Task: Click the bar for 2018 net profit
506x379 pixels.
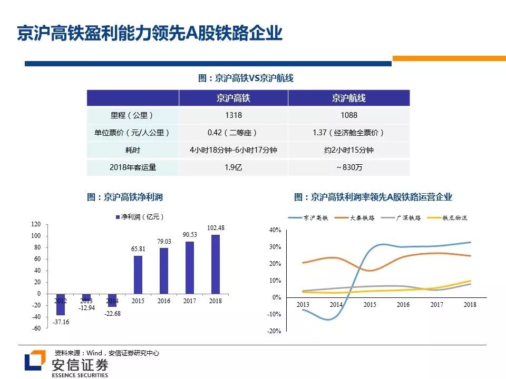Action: point(215,264)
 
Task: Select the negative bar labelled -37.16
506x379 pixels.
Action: point(60,304)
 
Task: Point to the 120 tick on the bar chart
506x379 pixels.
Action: point(36,224)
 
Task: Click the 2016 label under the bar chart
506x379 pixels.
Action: point(164,301)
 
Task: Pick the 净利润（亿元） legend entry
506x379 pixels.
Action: point(140,216)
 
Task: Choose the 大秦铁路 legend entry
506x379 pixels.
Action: point(361,217)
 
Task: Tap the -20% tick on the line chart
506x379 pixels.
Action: point(275,331)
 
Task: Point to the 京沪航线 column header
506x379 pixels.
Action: point(348,98)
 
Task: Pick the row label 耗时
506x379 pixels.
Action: point(132,150)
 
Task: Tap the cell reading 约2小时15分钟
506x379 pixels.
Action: point(348,150)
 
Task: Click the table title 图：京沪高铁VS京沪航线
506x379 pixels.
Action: point(246,78)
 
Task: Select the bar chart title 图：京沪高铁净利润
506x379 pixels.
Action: point(125,197)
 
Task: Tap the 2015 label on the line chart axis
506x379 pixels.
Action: point(370,305)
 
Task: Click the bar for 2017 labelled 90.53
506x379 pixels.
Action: point(190,267)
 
